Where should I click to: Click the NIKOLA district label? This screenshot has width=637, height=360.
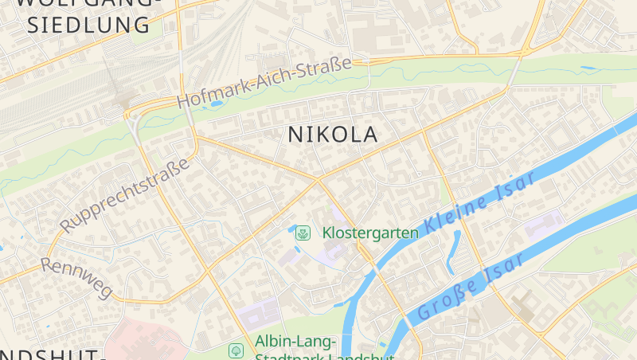(x=332, y=135)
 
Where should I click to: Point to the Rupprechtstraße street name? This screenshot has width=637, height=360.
(x=125, y=196)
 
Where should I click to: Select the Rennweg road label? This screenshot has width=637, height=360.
(x=76, y=276)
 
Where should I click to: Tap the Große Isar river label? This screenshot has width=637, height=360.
(x=471, y=287)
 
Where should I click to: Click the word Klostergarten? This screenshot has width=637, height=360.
(x=370, y=233)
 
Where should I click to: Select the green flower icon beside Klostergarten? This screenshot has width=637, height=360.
(x=303, y=233)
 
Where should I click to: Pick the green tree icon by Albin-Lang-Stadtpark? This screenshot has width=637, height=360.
(x=236, y=350)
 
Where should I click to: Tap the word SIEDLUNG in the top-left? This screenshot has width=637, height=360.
(x=88, y=24)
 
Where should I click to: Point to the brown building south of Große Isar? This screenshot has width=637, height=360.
(x=524, y=306)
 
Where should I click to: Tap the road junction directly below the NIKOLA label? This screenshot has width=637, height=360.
(x=319, y=179)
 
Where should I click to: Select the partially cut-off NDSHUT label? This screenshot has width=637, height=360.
(x=52, y=354)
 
